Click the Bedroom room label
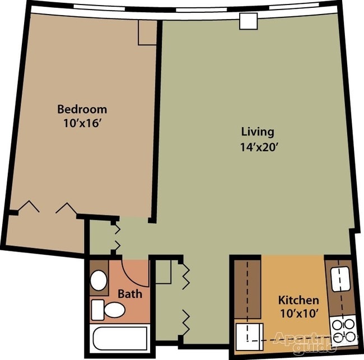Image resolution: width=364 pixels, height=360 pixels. (x=82, y=109)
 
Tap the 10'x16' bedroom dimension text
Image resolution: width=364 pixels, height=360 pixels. (x=83, y=124)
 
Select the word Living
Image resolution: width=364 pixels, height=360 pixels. (x=258, y=132)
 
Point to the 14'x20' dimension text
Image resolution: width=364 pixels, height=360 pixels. (x=259, y=147)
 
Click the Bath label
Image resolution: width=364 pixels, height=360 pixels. (x=130, y=294)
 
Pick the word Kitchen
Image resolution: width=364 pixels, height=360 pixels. (x=298, y=300)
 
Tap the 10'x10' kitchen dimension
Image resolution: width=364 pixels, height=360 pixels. (x=299, y=314)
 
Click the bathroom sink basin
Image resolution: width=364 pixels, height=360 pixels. (x=99, y=280)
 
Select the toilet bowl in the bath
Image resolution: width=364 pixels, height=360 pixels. (x=114, y=310)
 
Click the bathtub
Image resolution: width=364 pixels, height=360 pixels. (x=120, y=338)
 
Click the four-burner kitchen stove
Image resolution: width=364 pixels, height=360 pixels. (x=343, y=330)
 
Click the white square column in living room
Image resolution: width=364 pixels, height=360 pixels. (x=249, y=21)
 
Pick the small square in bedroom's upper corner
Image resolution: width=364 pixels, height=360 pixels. (x=147, y=32)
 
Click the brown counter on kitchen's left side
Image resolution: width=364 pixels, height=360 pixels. (x=248, y=289)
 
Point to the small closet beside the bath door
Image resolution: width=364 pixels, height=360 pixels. (x=163, y=272)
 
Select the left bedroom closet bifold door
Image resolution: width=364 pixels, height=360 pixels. (x=29, y=206)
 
